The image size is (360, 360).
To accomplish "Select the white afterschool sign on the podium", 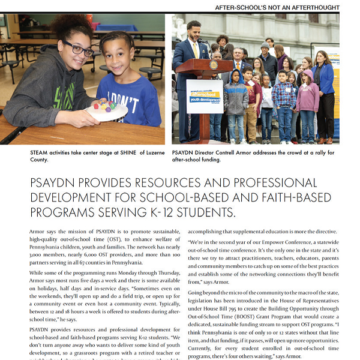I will click(x=205, y=95).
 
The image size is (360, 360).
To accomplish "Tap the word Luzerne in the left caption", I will click(x=145, y=152).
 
